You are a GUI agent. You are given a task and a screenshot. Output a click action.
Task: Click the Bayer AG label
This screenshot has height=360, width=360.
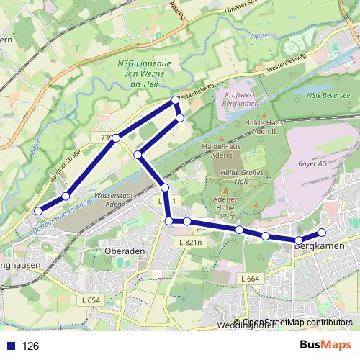click(311, 165)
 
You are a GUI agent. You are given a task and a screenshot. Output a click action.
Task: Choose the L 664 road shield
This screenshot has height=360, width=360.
click(249, 278)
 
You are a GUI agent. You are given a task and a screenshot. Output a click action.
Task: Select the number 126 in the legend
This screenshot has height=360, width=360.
click(31, 346)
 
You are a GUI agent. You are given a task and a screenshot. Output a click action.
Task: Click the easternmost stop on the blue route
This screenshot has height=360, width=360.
click(323, 232)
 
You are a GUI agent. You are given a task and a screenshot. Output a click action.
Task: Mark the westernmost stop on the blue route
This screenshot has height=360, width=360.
click(38, 211)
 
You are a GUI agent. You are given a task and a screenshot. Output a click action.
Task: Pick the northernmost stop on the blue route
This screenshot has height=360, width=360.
click(175, 100)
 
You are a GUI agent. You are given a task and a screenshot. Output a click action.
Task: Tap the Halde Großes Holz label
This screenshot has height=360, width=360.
click(240, 176)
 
